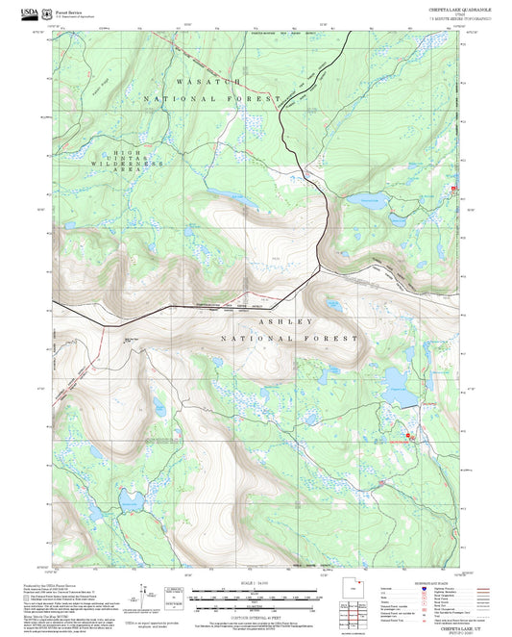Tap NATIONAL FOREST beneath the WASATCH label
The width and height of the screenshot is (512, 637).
coord(211,99)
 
